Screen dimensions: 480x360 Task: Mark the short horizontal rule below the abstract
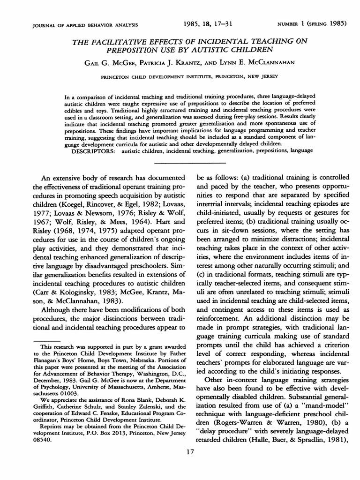[190, 163]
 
